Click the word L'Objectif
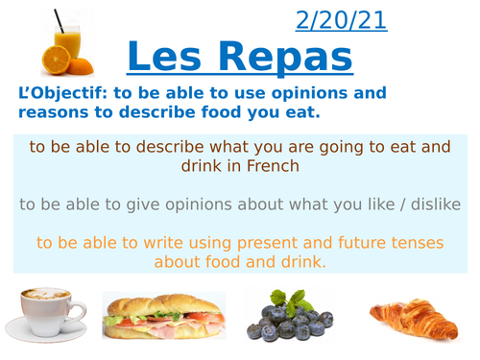click(x=56, y=94)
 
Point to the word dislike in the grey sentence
click(x=434, y=204)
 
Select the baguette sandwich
click(x=163, y=317)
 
